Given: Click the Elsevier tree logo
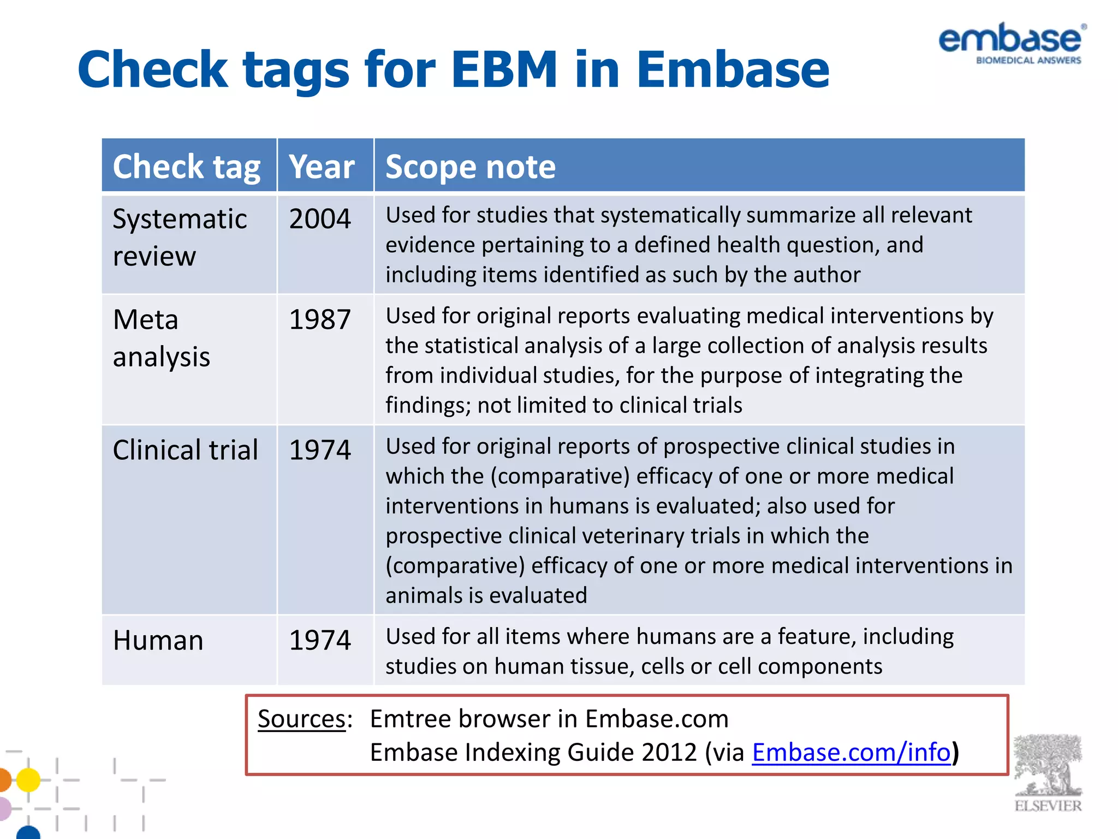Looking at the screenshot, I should pos(1048,772).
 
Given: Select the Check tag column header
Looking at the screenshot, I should pos(186,167).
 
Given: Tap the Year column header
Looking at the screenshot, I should pos(322,167).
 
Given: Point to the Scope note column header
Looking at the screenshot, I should pos(470,167).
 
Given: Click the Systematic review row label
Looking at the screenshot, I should pos(180,238).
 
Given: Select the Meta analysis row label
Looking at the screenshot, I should pos(161,338).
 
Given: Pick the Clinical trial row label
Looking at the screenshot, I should pos(185,451).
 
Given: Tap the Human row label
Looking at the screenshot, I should pos(158,640).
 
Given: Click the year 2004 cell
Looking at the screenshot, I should pos(320,219).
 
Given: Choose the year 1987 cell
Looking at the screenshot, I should pos(320,320).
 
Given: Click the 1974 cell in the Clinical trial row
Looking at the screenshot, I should pos(320,451).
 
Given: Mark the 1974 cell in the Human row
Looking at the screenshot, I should pos(320,640).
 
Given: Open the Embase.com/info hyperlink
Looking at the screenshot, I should pos(851,753).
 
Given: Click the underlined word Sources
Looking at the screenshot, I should pos(301,719).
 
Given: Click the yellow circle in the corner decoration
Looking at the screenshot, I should pos(28,779).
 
